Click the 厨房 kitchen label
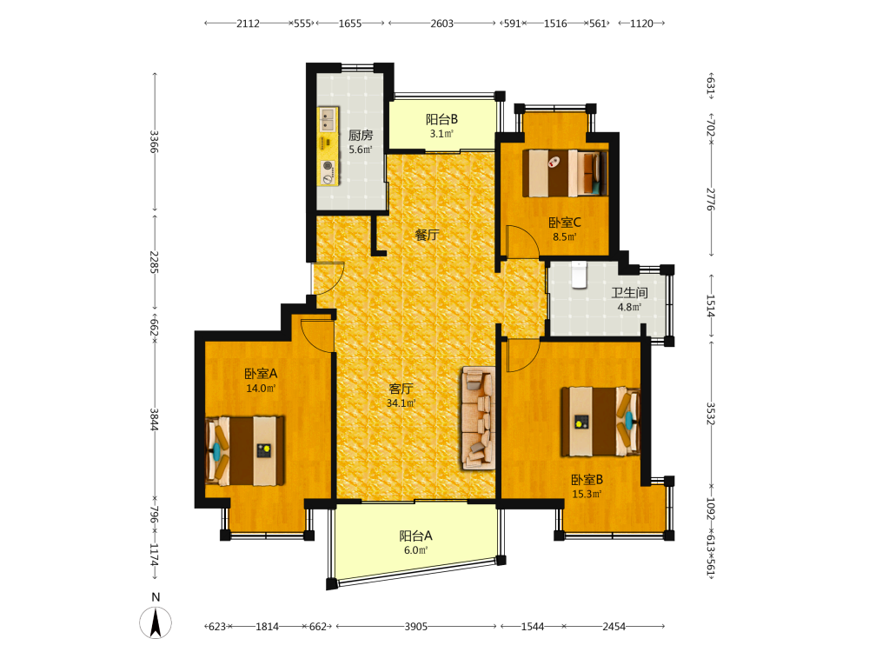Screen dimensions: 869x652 coord(361,135)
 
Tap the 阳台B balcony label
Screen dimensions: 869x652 coord(441,119)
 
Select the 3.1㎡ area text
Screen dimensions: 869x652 coord(441,134)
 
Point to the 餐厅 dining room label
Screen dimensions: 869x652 coord(427,235)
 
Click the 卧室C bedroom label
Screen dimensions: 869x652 coord(565,223)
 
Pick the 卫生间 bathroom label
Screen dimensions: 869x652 coord(629,293)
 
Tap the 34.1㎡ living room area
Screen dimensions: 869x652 coord(401,403)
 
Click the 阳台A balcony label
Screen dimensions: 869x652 coord(415,536)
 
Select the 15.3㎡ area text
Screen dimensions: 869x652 coord(587,494)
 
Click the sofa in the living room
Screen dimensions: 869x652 coord(478,418)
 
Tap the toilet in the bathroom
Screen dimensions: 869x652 coord(579,275)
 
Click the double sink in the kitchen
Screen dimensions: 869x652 coord(328,119)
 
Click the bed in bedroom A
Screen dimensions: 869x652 coord(245,450)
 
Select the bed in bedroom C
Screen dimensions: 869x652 coord(565,172)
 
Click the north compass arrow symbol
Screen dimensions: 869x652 coord(156,622)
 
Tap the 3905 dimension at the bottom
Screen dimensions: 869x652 coord(415,627)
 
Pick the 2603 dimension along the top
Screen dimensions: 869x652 coord(441,23)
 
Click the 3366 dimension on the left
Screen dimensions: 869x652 coord(155,142)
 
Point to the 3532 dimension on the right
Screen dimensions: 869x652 coord(711,414)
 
